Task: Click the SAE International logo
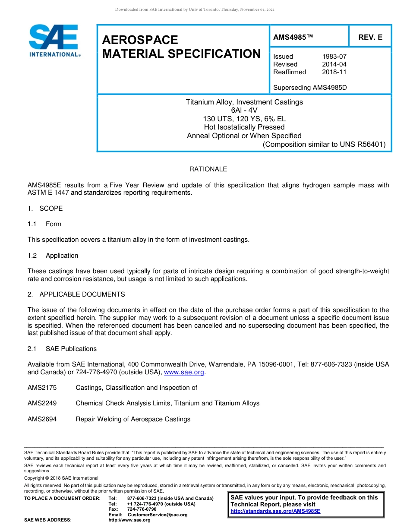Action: (x=54, y=41)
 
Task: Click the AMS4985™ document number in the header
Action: (x=293, y=38)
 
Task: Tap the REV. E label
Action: (x=370, y=38)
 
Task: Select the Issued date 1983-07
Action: (x=334, y=57)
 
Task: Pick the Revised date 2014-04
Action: (x=334, y=64)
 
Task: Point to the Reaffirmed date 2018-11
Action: (x=334, y=72)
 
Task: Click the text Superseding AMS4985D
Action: (x=310, y=88)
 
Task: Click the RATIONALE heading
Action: (x=208, y=169)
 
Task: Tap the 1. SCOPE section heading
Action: (x=45, y=209)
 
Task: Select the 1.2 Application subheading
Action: (x=53, y=256)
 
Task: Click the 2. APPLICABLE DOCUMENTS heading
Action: (x=76, y=294)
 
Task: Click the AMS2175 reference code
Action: (x=42, y=388)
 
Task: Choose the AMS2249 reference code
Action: (x=42, y=403)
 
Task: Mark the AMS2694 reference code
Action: (x=42, y=419)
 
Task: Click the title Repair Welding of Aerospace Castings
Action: (x=133, y=419)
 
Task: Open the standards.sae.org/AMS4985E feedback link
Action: (x=275, y=511)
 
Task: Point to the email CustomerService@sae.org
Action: (x=157, y=515)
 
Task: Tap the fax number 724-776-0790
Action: (x=142, y=509)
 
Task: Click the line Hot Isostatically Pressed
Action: (x=244, y=127)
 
